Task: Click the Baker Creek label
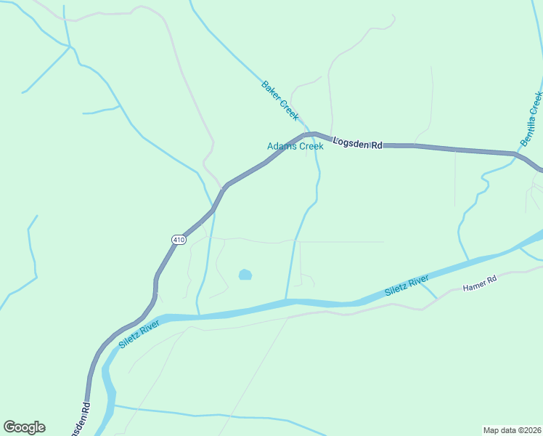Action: click(280, 100)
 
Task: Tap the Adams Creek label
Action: click(295, 146)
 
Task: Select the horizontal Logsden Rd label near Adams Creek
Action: click(358, 144)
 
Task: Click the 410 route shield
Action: click(179, 239)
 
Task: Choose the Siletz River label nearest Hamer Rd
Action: click(407, 283)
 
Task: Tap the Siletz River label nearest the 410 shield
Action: click(139, 334)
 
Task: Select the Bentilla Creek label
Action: click(531, 118)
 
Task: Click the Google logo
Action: click(24, 427)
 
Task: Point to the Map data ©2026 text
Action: click(511, 429)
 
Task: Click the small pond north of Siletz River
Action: click(245, 275)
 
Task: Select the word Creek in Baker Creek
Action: click(288, 110)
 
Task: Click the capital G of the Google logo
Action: click(9, 427)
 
